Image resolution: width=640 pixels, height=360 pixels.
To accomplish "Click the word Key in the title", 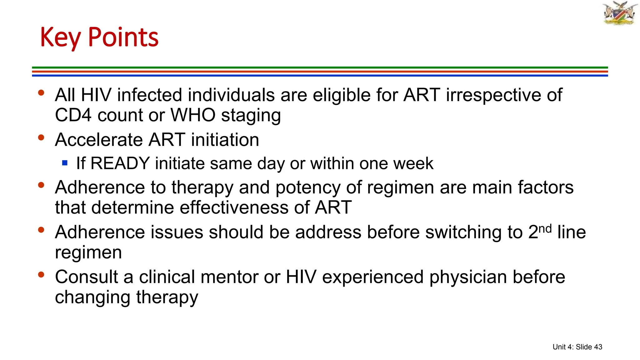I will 60,38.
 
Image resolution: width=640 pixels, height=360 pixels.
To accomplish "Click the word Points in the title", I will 123,37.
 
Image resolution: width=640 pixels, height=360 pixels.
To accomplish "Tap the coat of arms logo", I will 620,13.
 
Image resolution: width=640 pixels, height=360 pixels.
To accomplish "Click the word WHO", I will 193,115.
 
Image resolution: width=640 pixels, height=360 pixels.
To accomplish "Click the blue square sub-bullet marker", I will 65,163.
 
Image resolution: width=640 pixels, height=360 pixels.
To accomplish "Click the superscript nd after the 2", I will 545,229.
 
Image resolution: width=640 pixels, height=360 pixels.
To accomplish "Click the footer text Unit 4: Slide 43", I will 577,347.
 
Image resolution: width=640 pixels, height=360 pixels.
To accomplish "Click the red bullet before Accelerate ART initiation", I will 41,137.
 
